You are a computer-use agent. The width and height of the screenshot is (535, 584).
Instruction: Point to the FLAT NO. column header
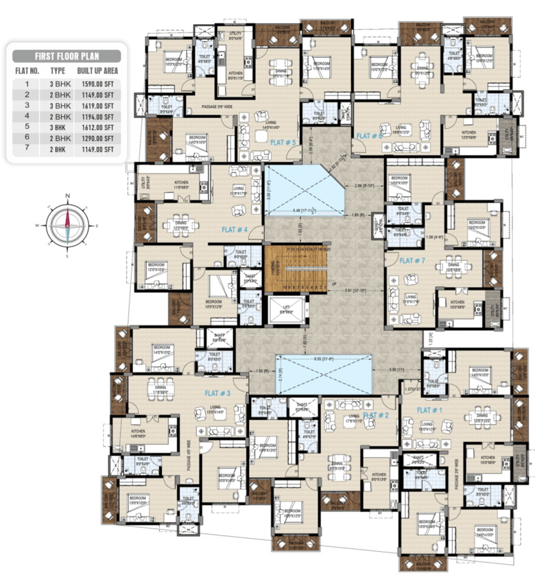point(27,71)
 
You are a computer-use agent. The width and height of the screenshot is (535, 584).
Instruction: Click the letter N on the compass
point(67,196)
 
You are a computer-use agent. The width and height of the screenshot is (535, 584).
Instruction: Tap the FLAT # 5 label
point(282,143)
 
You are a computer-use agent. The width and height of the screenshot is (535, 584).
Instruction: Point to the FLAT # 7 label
point(412,261)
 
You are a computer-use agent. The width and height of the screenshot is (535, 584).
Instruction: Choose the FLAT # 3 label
point(217,393)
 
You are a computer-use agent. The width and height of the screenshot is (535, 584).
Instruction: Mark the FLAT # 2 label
point(377,415)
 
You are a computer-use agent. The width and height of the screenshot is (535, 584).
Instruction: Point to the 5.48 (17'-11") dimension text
point(305,209)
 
